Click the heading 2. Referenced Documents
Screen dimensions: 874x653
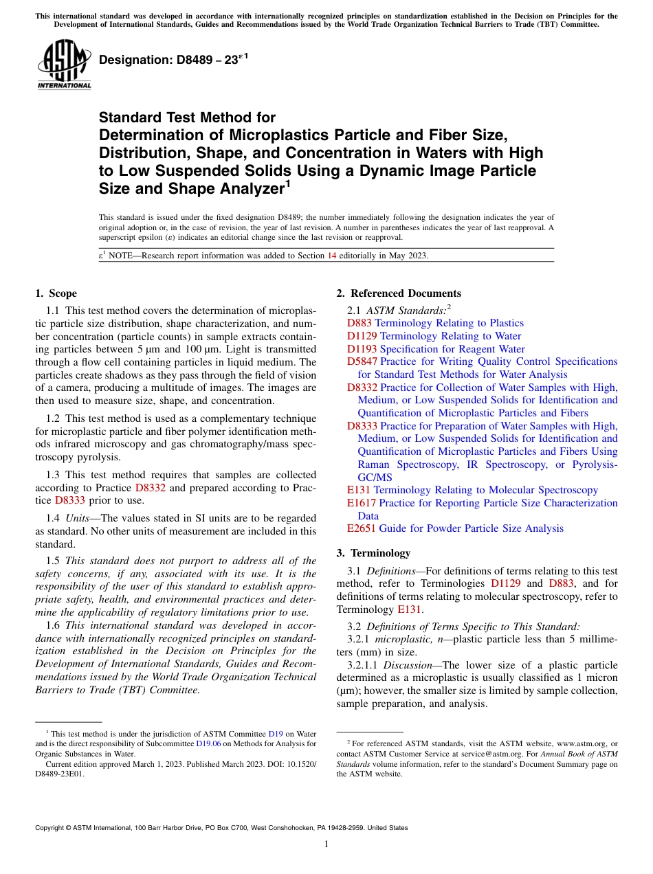399,293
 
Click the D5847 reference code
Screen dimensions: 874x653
362,361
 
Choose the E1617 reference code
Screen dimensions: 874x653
362,503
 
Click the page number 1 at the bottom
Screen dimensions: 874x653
326,844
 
